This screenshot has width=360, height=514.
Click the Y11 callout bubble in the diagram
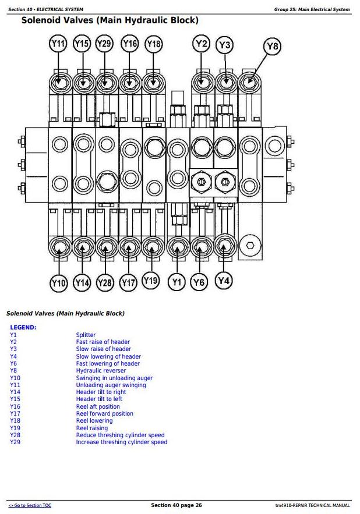(x=58, y=44)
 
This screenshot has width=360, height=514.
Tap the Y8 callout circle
(x=273, y=46)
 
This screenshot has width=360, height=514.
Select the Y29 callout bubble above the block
(x=104, y=44)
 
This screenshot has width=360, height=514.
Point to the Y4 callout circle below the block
(x=224, y=281)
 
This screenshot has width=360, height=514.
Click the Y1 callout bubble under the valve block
(x=177, y=282)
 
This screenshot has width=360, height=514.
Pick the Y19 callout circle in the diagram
(x=151, y=281)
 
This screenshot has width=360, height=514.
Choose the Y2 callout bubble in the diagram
(x=201, y=44)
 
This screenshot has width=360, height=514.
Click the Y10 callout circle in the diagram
(x=58, y=282)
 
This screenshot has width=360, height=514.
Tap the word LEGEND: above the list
(x=23, y=327)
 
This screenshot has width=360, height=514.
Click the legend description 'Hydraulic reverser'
(x=101, y=370)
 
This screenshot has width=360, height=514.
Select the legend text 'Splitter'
(x=86, y=335)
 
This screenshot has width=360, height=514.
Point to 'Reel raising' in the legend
(x=92, y=428)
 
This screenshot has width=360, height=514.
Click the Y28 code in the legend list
(x=15, y=435)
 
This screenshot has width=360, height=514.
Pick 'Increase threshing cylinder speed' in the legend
(x=121, y=442)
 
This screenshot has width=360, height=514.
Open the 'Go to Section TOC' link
(x=30, y=505)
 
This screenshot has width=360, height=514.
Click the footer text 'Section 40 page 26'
(x=177, y=505)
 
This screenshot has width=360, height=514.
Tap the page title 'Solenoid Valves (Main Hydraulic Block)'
(x=110, y=20)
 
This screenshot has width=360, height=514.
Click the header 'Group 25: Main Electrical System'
(x=312, y=9)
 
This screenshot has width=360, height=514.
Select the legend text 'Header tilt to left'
(x=99, y=399)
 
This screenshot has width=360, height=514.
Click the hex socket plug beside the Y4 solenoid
(x=250, y=245)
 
